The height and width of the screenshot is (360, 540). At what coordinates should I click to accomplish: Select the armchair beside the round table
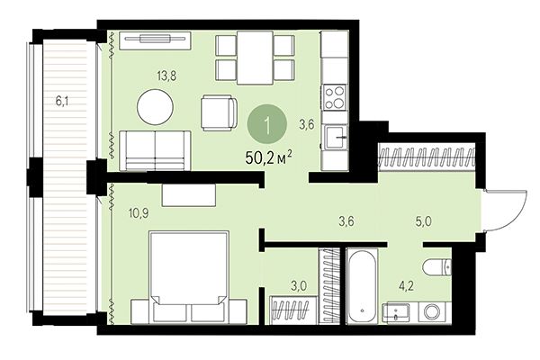click(220, 112)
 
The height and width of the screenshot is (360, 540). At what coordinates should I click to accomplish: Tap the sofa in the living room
click(155, 148)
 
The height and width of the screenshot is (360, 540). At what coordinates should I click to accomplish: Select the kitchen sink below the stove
click(335, 138)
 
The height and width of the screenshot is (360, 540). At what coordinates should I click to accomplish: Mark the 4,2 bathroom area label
click(406, 288)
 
